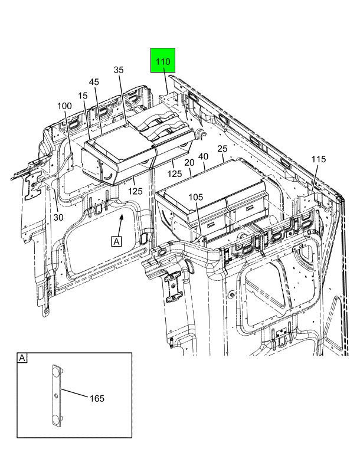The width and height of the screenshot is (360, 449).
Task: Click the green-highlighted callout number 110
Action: tap(163, 61)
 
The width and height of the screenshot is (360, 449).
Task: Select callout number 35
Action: tap(119, 70)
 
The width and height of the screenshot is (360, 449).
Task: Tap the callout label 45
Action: tap(94, 82)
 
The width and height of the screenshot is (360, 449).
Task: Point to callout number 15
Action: tap(82, 96)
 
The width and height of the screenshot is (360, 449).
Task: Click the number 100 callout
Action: tap(64, 106)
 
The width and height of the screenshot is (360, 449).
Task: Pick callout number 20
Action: tap(189, 162)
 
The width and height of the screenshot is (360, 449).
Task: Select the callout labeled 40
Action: tap(203, 156)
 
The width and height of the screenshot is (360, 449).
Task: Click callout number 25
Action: tap(222, 149)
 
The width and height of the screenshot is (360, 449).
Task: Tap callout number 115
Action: tap(319, 159)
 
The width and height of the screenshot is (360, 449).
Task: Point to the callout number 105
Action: tap(196, 196)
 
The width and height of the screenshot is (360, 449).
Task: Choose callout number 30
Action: tap(58, 217)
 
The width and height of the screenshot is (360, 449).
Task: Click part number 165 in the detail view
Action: tap(97, 399)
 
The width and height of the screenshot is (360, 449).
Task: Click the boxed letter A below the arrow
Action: tap(116, 241)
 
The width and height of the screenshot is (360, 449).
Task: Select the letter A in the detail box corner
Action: tap(22, 358)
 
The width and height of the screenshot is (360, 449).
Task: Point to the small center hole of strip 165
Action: tap(55, 395)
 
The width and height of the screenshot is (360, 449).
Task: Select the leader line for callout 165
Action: tap(73, 394)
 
